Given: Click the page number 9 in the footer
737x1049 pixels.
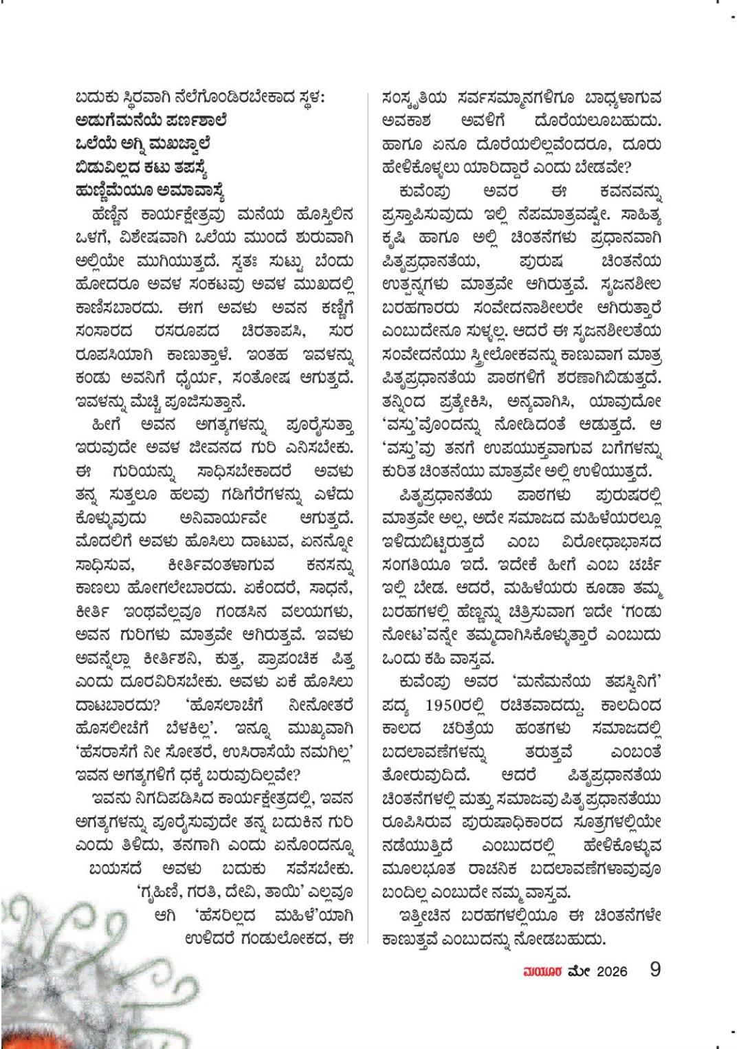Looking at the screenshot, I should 654,970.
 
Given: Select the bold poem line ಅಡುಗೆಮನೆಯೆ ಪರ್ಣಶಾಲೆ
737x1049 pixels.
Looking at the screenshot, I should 151,121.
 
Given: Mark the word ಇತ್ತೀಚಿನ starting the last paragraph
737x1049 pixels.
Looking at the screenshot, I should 426,916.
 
